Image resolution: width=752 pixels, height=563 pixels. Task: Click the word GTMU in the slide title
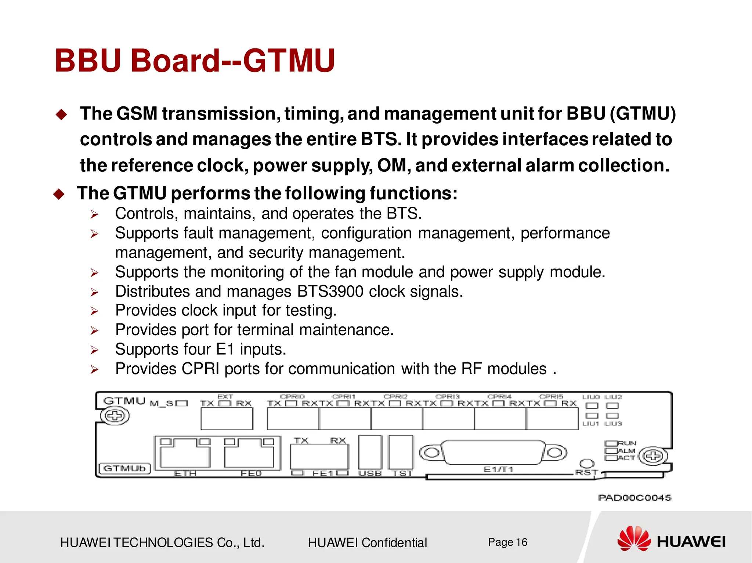pos(289,61)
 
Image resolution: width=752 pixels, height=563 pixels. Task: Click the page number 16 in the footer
pos(521,542)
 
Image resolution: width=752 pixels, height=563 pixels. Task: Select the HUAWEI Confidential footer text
pos(367,542)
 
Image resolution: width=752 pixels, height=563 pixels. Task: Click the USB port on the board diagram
pos(370,452)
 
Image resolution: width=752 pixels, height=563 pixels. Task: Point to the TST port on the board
pos(401,452)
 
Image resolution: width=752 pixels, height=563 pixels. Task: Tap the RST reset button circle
pos(586,464)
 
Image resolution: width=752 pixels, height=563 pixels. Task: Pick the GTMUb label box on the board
pos(125,468)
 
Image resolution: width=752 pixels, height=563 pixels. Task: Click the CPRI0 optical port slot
pos(293,418)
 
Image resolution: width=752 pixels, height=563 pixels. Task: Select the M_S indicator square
pos(182,403)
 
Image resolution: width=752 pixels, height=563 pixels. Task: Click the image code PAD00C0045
pos(634,498)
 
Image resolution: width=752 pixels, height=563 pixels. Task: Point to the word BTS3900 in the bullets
pos(330,292)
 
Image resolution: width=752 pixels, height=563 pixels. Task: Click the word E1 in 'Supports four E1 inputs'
pos(225,349)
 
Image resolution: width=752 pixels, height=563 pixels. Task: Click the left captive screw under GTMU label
pos(115,416)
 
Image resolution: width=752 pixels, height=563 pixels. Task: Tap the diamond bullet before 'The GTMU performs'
pos(59,194)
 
